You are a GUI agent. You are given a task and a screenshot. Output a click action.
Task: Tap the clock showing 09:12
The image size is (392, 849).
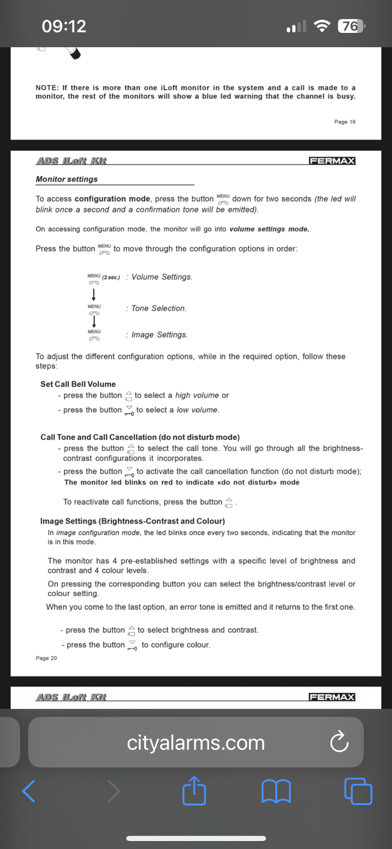coord(64,26)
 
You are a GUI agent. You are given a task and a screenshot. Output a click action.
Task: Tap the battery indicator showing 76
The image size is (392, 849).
coord(351,26)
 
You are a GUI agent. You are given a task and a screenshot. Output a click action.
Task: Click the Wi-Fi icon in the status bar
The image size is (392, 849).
coord(321,26)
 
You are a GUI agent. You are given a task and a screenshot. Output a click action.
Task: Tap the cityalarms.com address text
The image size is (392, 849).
coord(196,743)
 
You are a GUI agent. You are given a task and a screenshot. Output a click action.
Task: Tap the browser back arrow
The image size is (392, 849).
coord(29,791)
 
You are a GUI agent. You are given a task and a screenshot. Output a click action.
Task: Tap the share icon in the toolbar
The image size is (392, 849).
coord(194,791)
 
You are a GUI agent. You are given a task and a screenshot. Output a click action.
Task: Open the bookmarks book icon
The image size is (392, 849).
coord(276,791)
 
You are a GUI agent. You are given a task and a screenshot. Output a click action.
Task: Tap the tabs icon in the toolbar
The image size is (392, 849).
coord(358,791)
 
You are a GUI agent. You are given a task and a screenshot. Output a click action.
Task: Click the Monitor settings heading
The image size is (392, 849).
coord(67,179)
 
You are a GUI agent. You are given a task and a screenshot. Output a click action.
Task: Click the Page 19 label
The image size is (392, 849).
coord(345,122)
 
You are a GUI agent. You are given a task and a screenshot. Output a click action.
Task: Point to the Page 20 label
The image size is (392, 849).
coord(46,659)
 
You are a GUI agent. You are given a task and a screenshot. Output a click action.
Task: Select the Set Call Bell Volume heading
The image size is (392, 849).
coord(78,384)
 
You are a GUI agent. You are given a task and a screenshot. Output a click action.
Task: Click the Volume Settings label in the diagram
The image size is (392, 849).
coord(162,277)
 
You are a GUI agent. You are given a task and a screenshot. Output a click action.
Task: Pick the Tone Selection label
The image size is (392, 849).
coord(159,308)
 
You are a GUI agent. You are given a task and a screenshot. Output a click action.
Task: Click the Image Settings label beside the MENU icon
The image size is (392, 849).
coord(159,335)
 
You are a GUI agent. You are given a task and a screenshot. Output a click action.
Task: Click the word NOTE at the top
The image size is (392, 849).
coord(47,88)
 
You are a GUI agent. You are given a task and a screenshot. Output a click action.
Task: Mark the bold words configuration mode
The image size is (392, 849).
coord(112,199)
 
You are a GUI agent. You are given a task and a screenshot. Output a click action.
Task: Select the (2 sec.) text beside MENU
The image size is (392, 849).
coord(111,278)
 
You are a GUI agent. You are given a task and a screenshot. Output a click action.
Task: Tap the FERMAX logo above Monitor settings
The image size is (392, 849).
coord(332,161)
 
